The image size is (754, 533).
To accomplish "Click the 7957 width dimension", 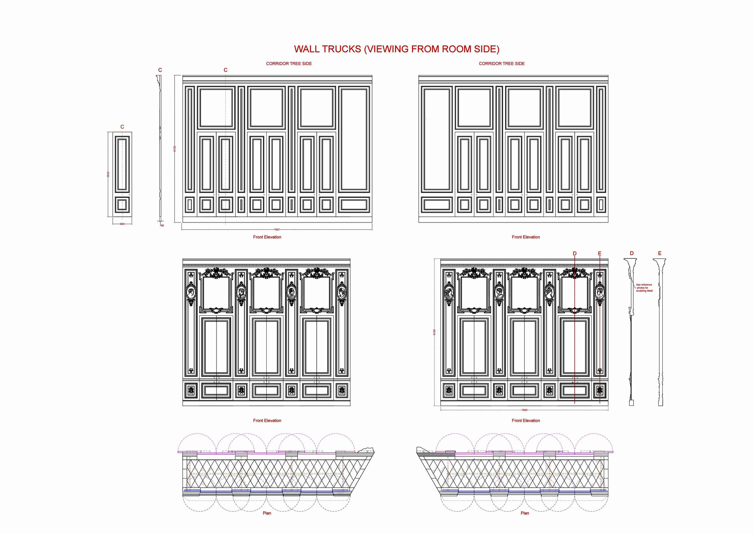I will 277,230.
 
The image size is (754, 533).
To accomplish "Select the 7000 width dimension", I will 524,410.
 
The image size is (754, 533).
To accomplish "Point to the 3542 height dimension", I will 108,174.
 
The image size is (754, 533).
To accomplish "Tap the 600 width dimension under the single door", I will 122,224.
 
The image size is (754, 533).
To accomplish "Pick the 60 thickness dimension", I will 162,225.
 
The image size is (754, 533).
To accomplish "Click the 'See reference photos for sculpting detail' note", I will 644,288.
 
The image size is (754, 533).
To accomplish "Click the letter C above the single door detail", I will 122,127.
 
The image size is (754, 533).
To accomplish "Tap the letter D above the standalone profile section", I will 632,253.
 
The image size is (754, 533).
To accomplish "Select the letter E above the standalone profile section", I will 660,253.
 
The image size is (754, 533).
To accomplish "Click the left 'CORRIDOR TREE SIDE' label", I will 289,64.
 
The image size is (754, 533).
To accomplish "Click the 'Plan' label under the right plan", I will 525,513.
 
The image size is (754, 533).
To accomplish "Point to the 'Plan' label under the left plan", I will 267,513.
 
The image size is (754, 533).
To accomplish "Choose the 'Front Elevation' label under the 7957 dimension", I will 267,237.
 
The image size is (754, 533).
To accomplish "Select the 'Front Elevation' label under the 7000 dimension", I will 526,421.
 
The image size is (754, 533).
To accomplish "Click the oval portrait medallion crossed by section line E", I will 600,292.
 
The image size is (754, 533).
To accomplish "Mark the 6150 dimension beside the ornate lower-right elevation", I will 434,332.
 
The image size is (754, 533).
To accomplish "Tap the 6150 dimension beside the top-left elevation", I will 175,149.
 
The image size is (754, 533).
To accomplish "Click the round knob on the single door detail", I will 129,195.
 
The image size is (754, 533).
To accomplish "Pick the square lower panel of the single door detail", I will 122,205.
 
